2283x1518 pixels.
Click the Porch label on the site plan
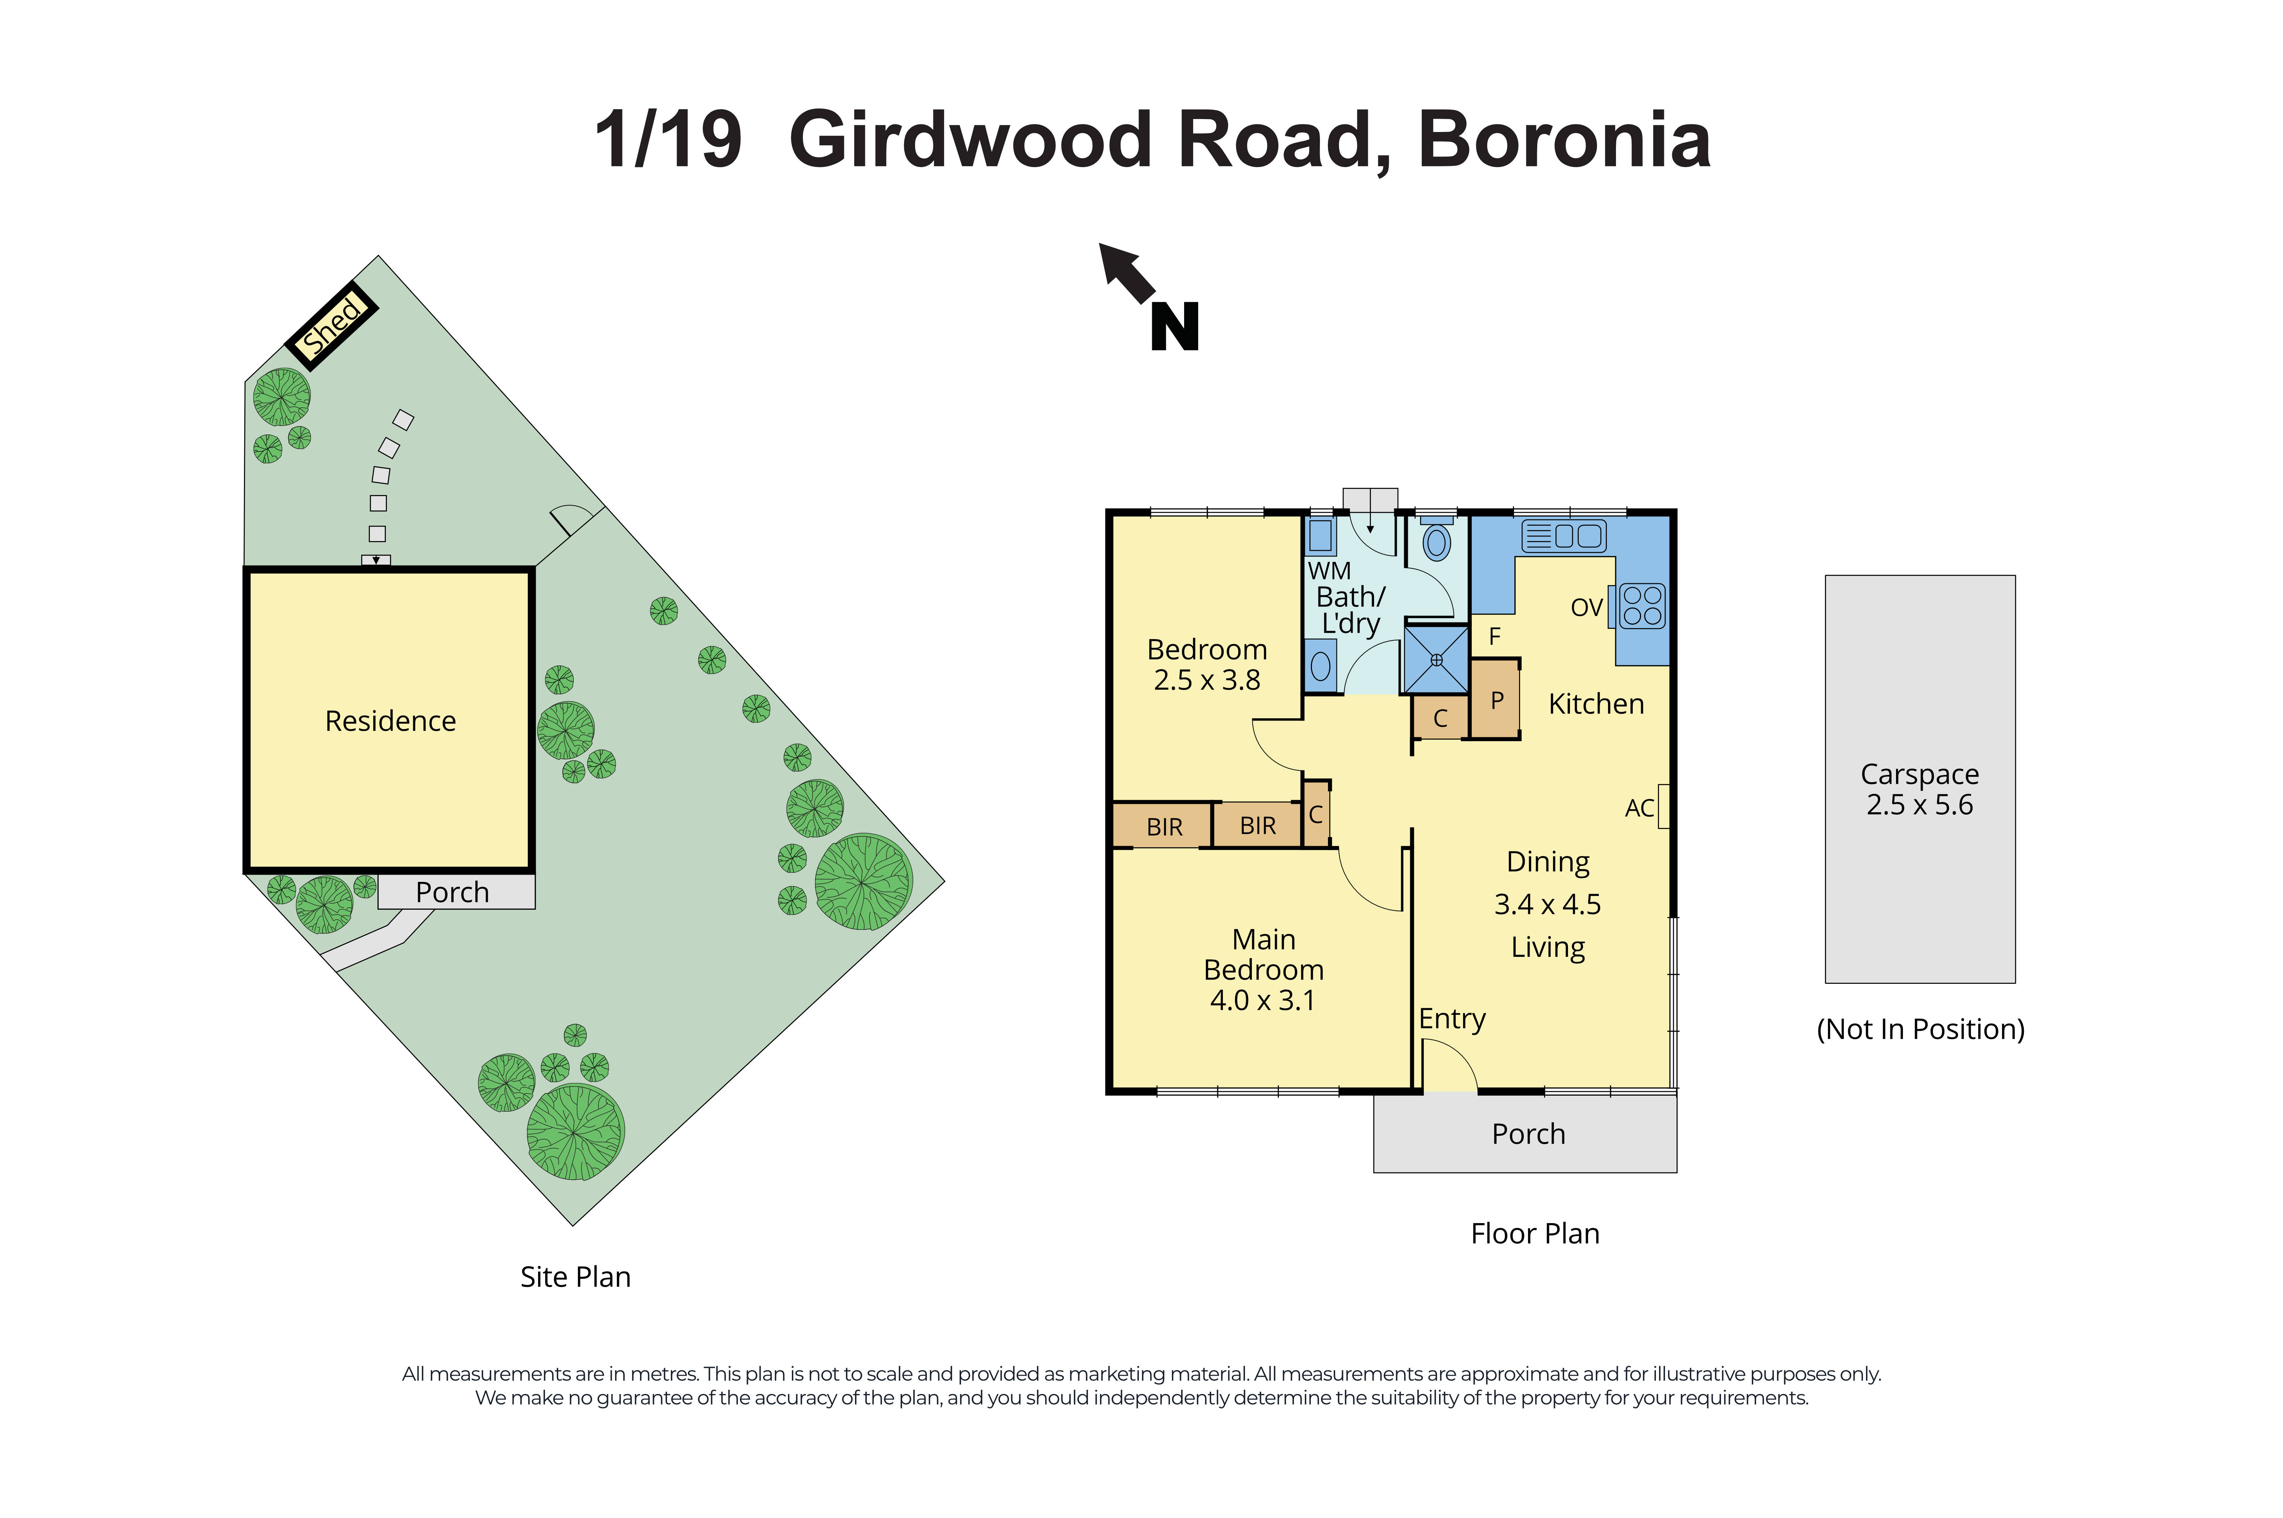coord(452,892)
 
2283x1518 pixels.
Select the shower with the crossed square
coord(1436,659)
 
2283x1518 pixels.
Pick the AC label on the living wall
coord(1638,808)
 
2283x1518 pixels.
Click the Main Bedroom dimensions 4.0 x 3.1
coord(1262,1000)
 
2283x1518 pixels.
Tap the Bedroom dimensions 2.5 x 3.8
coord(1206,681)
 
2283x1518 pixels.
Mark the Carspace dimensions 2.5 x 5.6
coord(1919,805)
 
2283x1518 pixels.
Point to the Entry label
coord(1451,1018)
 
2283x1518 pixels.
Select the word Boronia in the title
coord(1563,140)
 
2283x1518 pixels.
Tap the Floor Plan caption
coord(1535,1233)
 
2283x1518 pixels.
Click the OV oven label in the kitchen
coord(1586,608)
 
